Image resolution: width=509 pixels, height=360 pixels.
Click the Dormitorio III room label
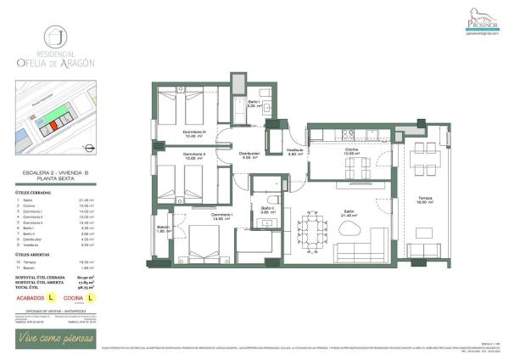point(195,134)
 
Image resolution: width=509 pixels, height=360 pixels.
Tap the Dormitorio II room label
point(195,155)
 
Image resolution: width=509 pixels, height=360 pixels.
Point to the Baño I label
point(253,104)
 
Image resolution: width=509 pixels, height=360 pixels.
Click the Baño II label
point(266,210)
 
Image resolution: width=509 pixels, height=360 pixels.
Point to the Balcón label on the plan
point(164,229)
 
